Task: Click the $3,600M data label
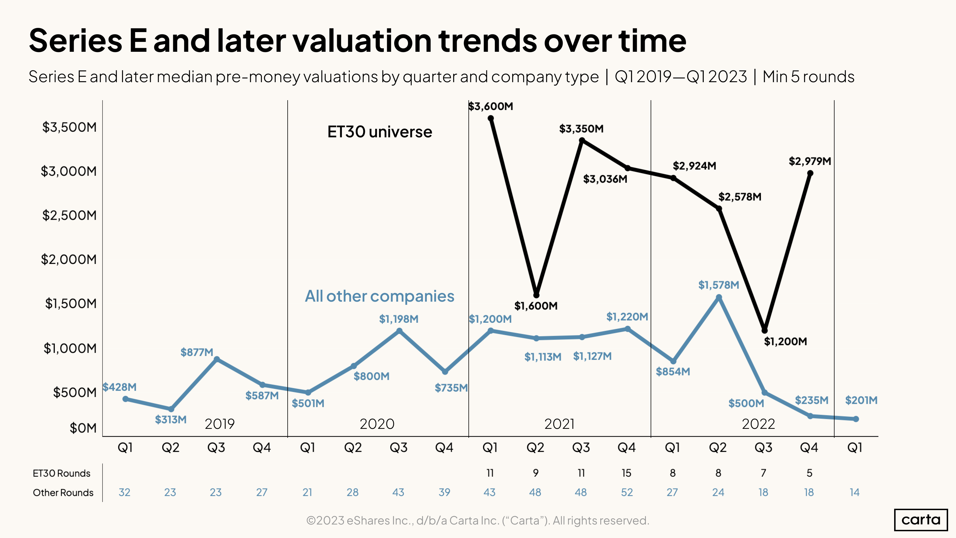[x=490, y=107]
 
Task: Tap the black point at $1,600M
[x=536, y=295]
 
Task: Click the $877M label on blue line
[x=197, y=352]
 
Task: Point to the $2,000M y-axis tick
[x=69, y=259]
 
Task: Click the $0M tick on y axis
[x=83, y=428]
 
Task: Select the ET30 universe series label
[x=379, y=132]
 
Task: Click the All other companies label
[x=379, y=296]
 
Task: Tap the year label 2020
[x=377, y=424]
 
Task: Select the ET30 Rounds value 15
[x=626, y=473]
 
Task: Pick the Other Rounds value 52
[x=626, y=492]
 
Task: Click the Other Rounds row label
[x=63, y=492]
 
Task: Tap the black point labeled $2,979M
[x=810, y=173]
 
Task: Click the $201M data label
[x=861, y=400]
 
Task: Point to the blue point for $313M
[x=171, y=409]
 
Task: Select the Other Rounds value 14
[x=854, y=492]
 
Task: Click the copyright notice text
[x=478, y=520]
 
